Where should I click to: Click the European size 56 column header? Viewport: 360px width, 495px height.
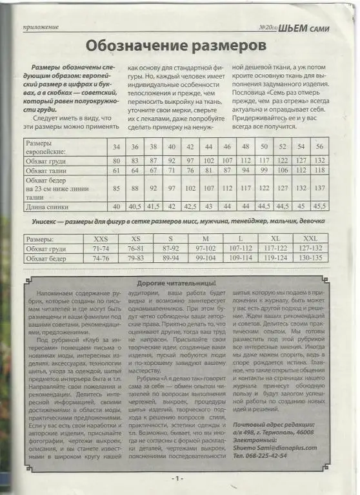click(320, 146)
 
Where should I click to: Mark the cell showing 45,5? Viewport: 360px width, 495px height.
click(320, 206)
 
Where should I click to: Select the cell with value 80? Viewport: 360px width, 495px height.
click(116, 160)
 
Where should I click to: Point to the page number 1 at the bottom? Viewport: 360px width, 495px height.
click(178, 479)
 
